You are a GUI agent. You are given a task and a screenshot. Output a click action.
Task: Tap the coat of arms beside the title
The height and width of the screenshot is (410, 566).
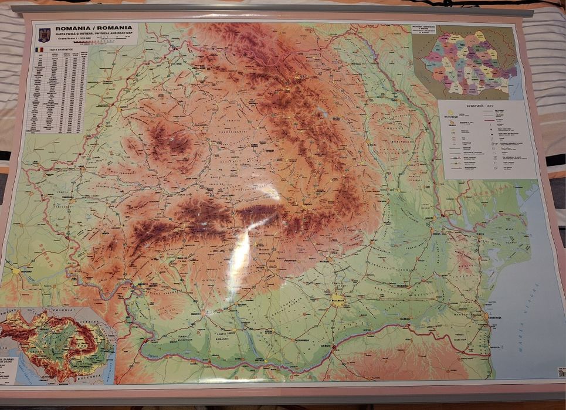(x=44, y=34)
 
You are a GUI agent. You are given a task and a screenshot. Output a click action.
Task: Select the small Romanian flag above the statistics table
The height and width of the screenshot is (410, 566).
(x=39, y=50)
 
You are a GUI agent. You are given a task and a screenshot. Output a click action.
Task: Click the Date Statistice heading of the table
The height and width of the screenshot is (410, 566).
(x=62, y=50)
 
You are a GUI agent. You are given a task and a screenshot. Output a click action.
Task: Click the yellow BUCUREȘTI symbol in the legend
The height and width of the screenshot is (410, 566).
(x=451, y=113)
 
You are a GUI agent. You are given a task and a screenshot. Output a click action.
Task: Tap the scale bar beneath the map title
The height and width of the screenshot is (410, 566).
(x=111, y=43)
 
